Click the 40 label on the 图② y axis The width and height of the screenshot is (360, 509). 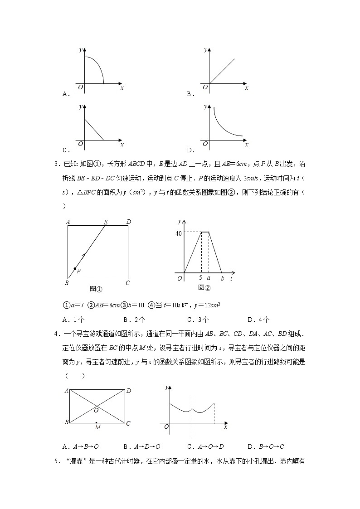click(x=178, y=233)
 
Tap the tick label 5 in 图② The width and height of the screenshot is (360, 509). click(x=200, y=278)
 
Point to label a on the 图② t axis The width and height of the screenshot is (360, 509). click(x=209, y=278)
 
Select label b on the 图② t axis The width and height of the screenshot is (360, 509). click(x=222, y=278)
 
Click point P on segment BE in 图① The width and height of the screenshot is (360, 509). click(x=75, y=269)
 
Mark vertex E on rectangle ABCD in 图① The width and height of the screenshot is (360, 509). click(x=106, y=222)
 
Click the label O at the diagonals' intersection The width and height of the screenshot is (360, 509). click(x=96, y=410)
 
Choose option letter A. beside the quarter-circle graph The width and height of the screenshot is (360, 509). click(x=65, y=94)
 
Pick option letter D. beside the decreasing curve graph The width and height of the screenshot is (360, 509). click(x=190, y=150)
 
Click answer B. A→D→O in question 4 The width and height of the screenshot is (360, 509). click(x=142, y=446)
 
